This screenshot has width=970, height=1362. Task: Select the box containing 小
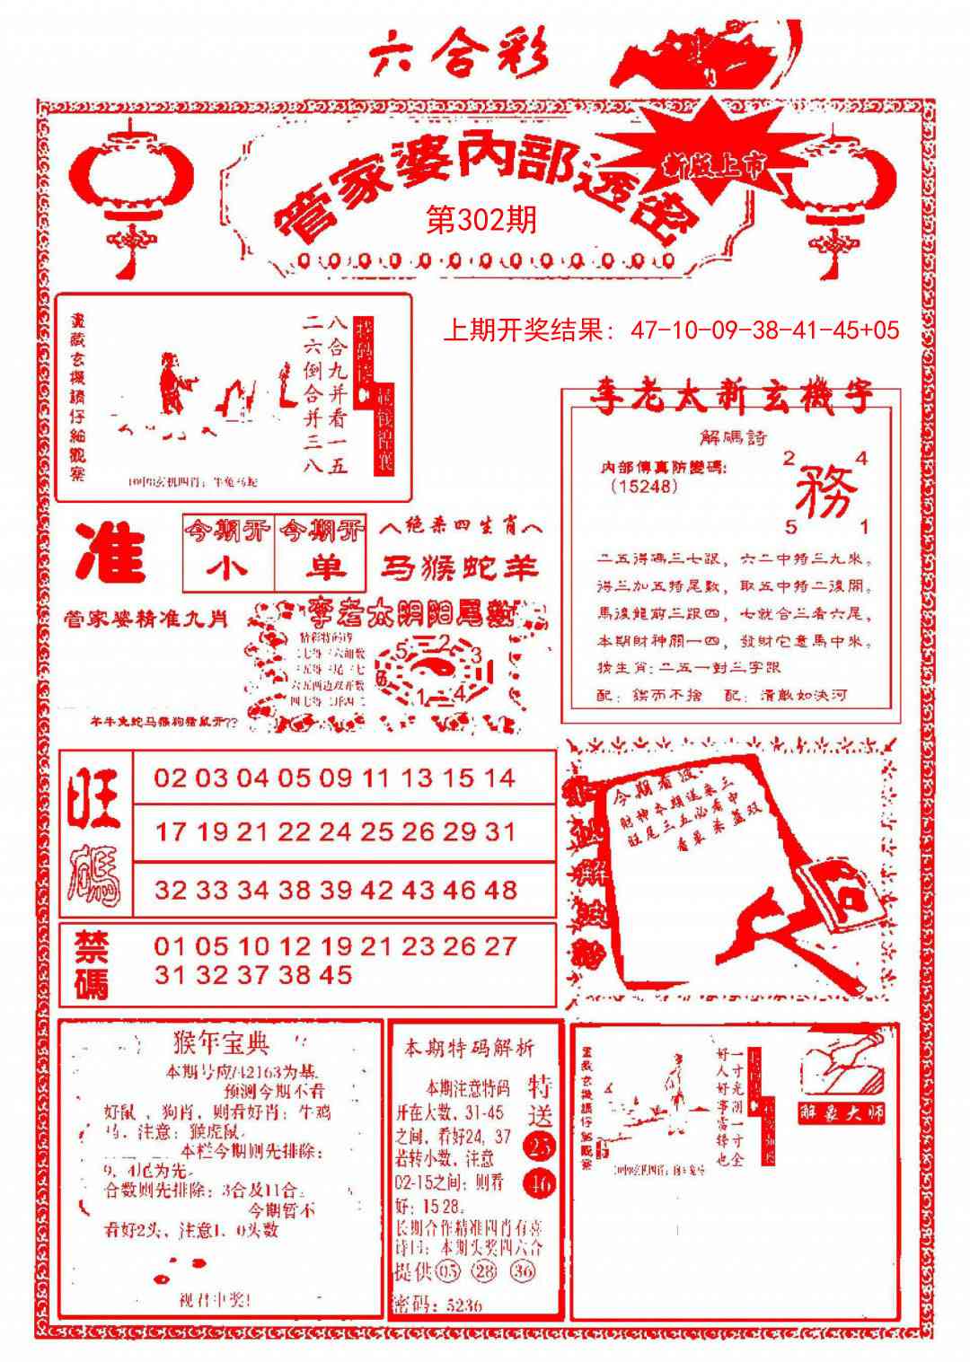[227, 568]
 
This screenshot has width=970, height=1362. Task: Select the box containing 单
[322, 568]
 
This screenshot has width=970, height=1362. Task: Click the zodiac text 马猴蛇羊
[460, 567]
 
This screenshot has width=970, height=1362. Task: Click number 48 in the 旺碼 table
[499, 890]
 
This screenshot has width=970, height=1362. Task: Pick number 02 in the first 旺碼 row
[171, 778]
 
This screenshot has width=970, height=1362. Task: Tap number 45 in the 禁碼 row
[334, 975]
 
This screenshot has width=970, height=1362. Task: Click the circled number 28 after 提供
[485, 1271]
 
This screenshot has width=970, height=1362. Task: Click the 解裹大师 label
[842, 1112]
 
